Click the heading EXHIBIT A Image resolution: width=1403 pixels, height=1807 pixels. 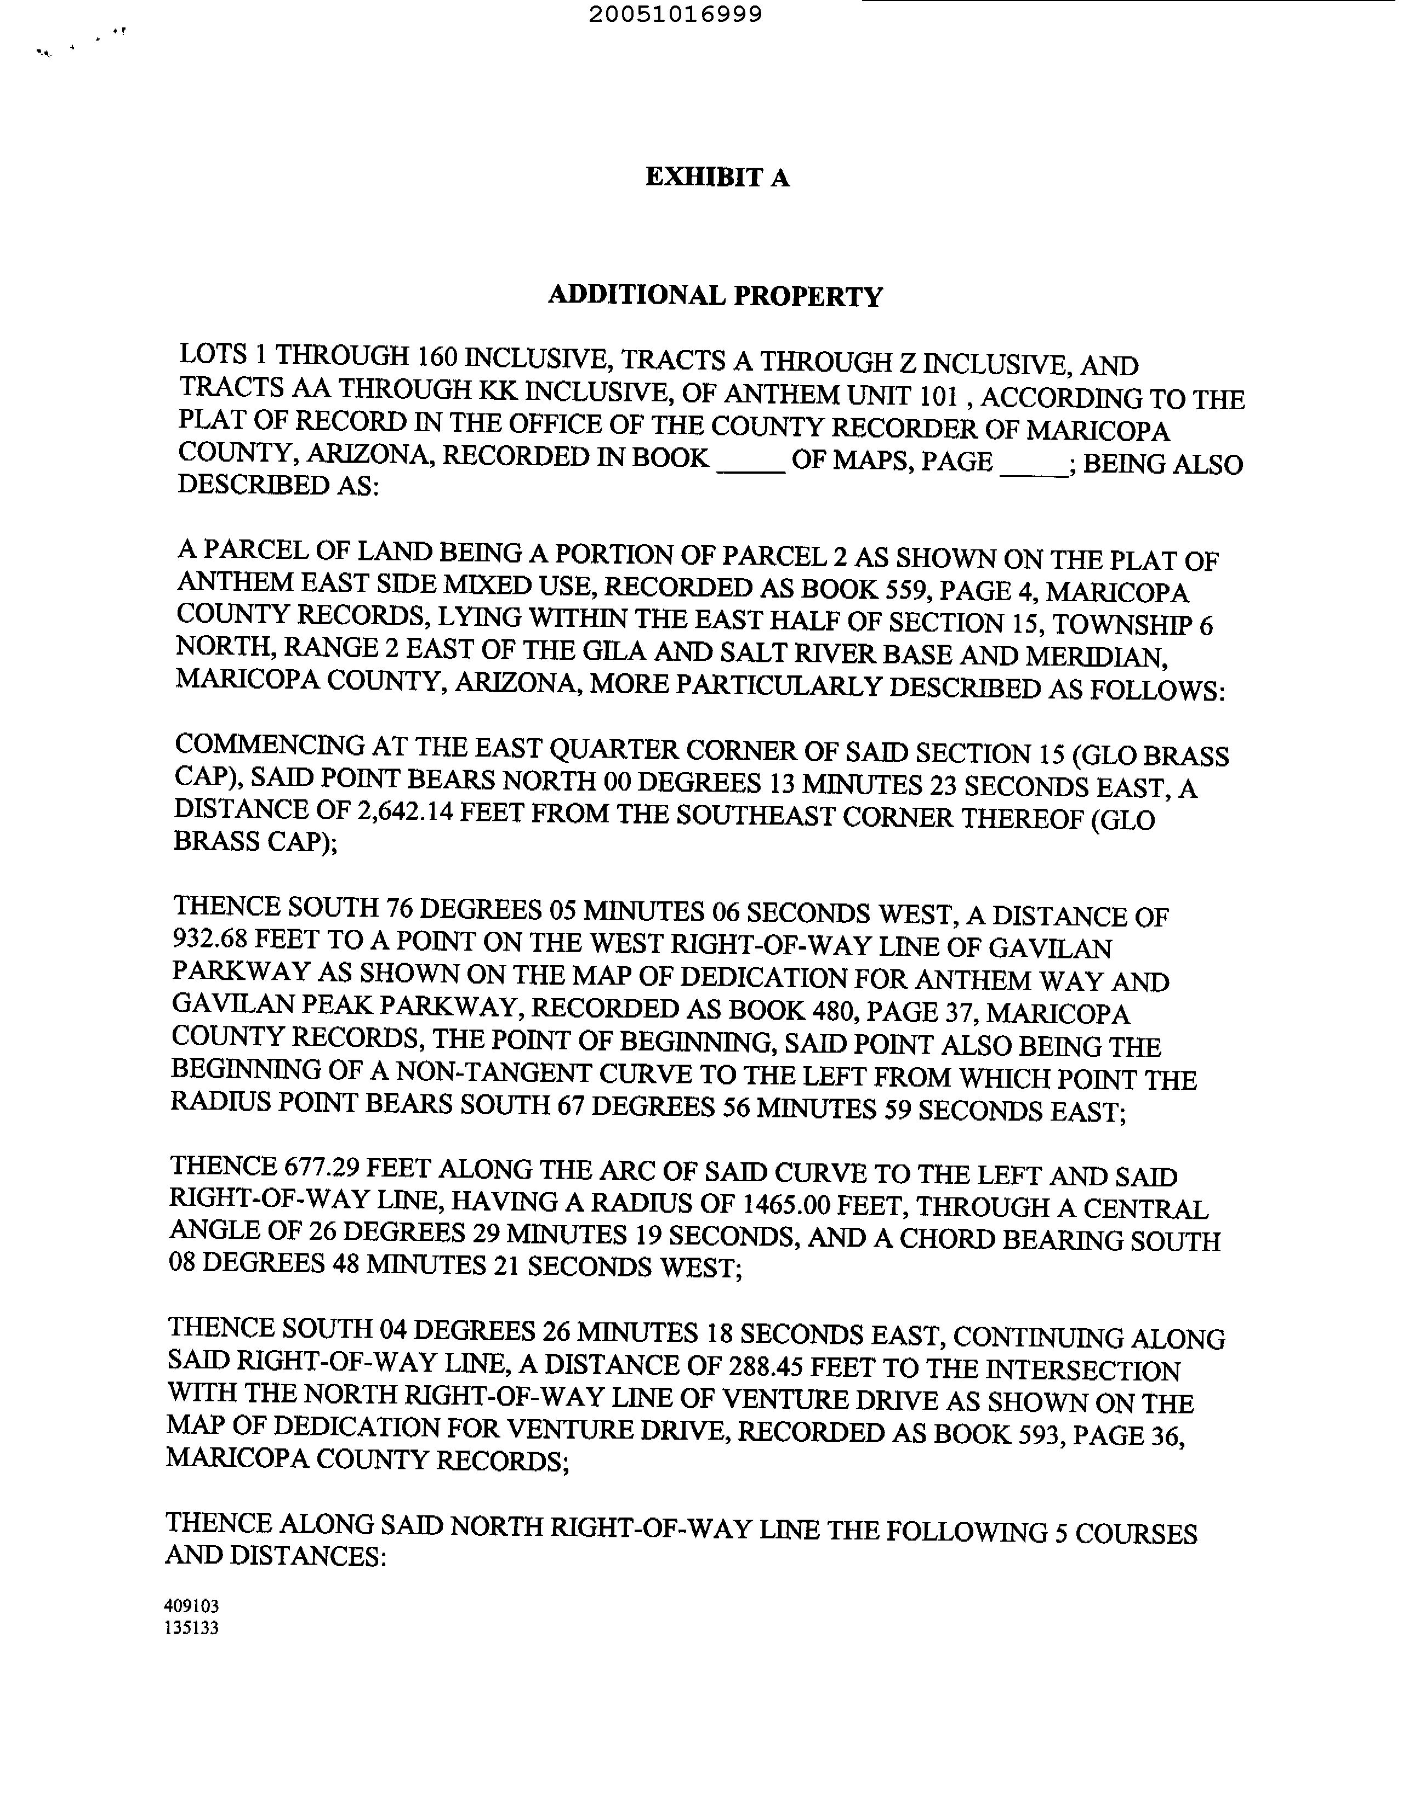click(717, 177)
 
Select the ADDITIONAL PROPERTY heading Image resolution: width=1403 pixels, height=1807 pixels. click(716, 296)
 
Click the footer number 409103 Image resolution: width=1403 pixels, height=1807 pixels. click(192, 1606)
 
